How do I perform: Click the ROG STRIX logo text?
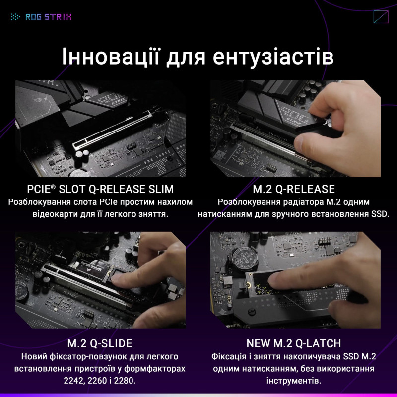[48, 17]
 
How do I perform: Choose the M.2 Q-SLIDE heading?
[99, 344]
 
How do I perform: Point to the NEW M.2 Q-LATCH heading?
[293, 344]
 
